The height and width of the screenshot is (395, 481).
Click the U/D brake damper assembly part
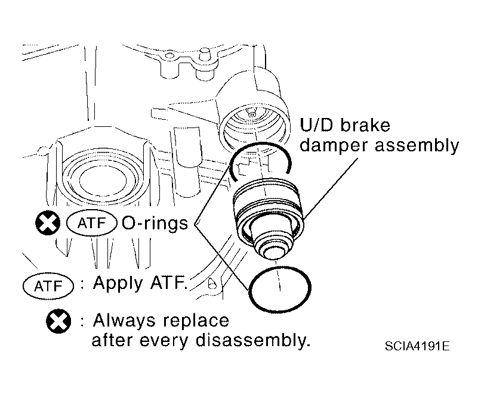click(x=268, y=217)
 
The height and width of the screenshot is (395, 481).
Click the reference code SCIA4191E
click(x=417, y=346)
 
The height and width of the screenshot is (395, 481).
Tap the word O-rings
click(x=155, y=223)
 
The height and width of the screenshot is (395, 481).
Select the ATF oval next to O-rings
click(x=92, y=223)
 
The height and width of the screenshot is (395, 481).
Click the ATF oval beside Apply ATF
click(x=48, y=287)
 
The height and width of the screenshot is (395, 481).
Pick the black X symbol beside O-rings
click(x=48, y=223)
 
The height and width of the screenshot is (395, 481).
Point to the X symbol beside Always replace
click(x=58, y=321)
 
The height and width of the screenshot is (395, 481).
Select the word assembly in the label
click(x=417, y=146)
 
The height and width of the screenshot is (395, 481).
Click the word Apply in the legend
click(x=118, y=283)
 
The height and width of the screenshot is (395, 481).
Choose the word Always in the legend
click(x=124, y=321)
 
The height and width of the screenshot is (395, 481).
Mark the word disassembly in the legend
click(x=252, y=341)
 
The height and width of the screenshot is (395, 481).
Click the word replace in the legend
click(x=196, y=322)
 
